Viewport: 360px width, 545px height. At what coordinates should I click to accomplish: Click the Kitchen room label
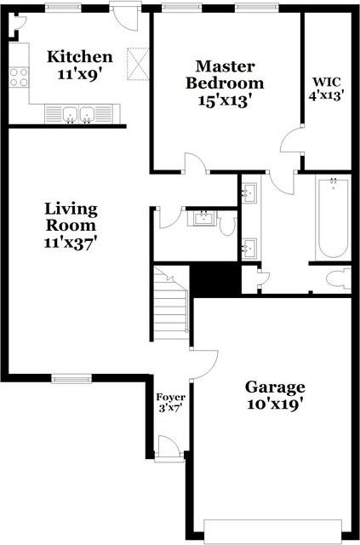point(79,57)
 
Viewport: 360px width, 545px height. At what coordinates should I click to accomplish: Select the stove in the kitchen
point(20,77)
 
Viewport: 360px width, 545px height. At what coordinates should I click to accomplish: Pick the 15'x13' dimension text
point(225,99)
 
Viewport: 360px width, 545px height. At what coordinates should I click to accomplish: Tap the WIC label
point(325,83)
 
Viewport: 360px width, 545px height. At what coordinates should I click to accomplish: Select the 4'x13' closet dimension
point(325,95)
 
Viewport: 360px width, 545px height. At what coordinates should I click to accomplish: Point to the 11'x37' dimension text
point(71,242)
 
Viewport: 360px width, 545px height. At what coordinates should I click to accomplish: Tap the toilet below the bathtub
point(338,278)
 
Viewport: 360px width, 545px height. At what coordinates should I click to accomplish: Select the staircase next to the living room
point(169,310)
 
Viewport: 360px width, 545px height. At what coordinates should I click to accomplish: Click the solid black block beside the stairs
point(214,279)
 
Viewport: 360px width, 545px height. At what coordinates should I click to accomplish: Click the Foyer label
point(170,397)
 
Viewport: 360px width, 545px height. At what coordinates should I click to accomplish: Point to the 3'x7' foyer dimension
point(170,409)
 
